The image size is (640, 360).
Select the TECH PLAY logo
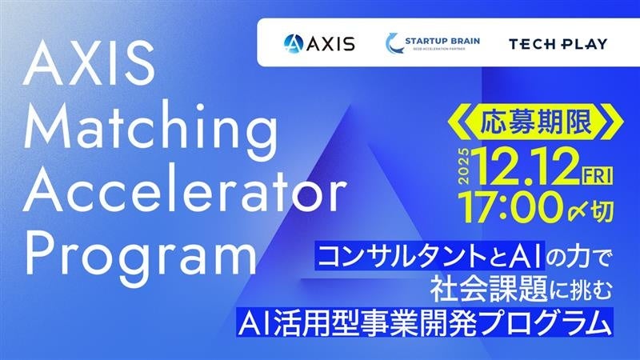coord(558,43)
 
